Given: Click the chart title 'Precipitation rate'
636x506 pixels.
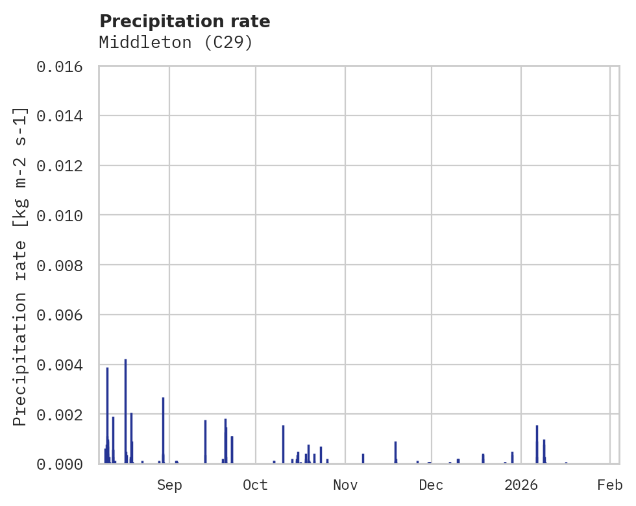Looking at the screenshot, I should (185, 21).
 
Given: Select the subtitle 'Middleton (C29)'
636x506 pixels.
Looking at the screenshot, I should (175, 43).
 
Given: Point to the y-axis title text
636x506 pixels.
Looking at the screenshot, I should (21, 266).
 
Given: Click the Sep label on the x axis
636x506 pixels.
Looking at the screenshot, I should (169, 485).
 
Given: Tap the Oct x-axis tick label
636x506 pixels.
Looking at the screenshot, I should (256, 485).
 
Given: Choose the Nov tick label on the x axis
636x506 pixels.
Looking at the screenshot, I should (345, 485).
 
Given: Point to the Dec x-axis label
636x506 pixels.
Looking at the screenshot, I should (432, 485).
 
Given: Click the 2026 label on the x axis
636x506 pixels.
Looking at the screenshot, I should (521, 485).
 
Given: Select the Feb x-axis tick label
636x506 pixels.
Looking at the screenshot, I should (610, 485).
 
